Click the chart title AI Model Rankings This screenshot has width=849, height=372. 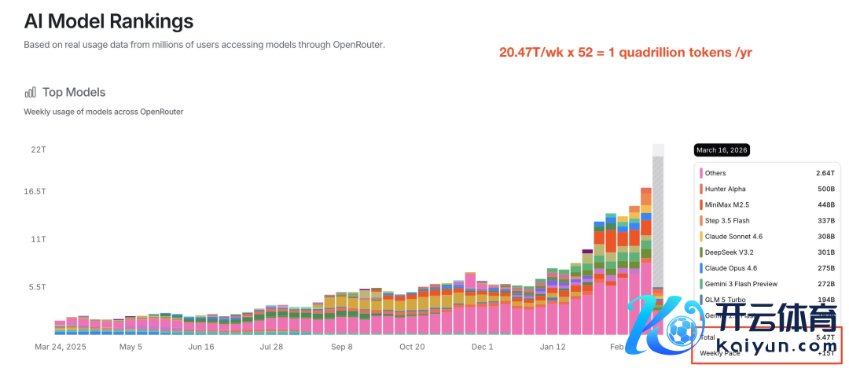tap(108, 20)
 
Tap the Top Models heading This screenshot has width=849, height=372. tap(74, 92)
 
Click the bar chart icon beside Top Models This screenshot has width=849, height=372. tap(31, 93)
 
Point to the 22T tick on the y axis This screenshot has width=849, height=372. tap(38, 149)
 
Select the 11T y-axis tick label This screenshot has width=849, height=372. tap(38, 238)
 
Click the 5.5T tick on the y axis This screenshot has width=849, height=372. tap(38, 287)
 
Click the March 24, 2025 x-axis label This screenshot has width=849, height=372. tap(61, 346)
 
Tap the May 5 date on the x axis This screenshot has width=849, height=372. tap(130, 346)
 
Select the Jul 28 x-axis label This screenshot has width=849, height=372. tap(271, 346)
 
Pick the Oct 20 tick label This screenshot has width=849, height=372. tap(411, 346)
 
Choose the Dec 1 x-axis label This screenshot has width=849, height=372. tap(481, 346)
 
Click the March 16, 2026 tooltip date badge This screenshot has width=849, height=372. tap(722, 150)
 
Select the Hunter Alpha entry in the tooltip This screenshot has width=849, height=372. tap(725, 189)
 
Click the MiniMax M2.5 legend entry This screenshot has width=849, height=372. tap(727, 204)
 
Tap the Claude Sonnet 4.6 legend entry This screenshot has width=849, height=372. tap(733, 236)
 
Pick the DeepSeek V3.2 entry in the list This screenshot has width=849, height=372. tap(729, 252)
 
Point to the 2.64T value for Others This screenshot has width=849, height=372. tap(823, 173)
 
